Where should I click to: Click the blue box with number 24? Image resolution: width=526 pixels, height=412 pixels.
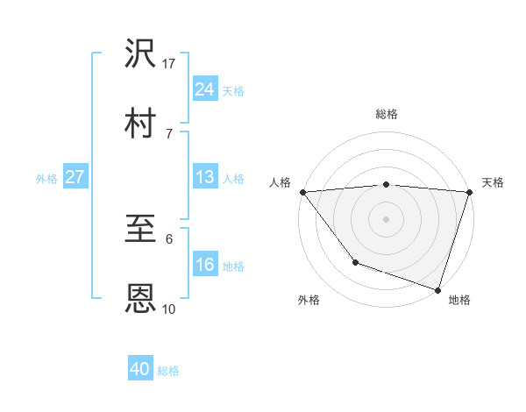click(204, 89)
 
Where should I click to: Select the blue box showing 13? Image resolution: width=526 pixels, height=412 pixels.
click(204, 177)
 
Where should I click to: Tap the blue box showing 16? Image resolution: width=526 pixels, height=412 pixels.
click(204, 266)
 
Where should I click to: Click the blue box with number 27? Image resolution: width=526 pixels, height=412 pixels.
click(75, 177)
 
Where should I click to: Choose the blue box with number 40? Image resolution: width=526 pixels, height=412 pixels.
click(139, 369)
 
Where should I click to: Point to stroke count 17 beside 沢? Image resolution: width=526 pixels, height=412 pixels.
click(169, 63)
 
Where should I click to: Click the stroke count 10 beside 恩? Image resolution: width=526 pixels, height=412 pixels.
click(169, 309)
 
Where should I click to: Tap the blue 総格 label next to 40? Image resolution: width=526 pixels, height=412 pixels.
click(168, 371)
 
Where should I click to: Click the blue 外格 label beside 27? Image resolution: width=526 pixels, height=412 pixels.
click(46, 179)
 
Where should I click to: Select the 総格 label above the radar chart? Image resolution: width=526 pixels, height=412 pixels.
click(387, 114)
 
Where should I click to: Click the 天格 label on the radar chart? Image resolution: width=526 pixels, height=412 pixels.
click(493, 182)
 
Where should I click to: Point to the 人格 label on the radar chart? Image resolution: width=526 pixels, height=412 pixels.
click(280, 182)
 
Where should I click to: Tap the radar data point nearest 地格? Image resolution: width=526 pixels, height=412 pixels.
click(437, 289)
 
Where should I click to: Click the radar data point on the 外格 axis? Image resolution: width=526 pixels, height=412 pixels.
click(355, 261)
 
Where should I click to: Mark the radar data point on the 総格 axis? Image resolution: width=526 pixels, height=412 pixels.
click(387, 184)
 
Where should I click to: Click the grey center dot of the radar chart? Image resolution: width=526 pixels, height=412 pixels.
click(387, 218)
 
